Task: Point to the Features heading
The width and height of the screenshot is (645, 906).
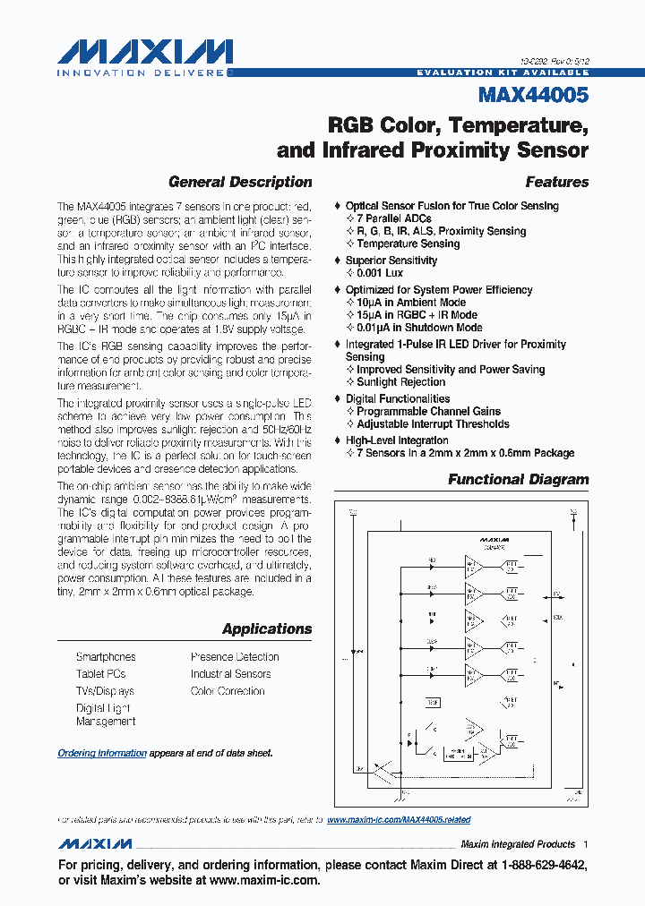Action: tap(556, 182)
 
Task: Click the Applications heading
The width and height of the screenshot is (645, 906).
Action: tap(267, 628)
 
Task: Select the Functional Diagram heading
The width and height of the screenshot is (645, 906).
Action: tap(518, 479)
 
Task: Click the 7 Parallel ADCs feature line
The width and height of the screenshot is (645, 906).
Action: tap(394, 218)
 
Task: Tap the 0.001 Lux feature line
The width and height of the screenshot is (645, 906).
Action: tap(380, 273)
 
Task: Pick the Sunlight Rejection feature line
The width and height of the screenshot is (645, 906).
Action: tap(400, 382)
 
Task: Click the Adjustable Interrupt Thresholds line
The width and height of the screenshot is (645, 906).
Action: tap(433, 424)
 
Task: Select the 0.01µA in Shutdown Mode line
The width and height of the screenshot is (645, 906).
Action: tap(419, 328)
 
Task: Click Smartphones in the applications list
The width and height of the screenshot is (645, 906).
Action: tap(106, 657)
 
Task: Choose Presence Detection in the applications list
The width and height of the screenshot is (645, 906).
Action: tap(235, 657)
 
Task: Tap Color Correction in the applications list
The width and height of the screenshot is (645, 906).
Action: tap(228, 691)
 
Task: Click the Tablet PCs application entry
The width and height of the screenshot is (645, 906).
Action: tap(101, 674)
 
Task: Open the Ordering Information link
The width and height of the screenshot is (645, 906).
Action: tap(102, 754)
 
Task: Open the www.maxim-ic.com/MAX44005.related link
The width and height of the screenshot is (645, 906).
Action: tap(399, 820)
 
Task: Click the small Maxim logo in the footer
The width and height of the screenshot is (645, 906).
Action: tap(95, 844)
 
